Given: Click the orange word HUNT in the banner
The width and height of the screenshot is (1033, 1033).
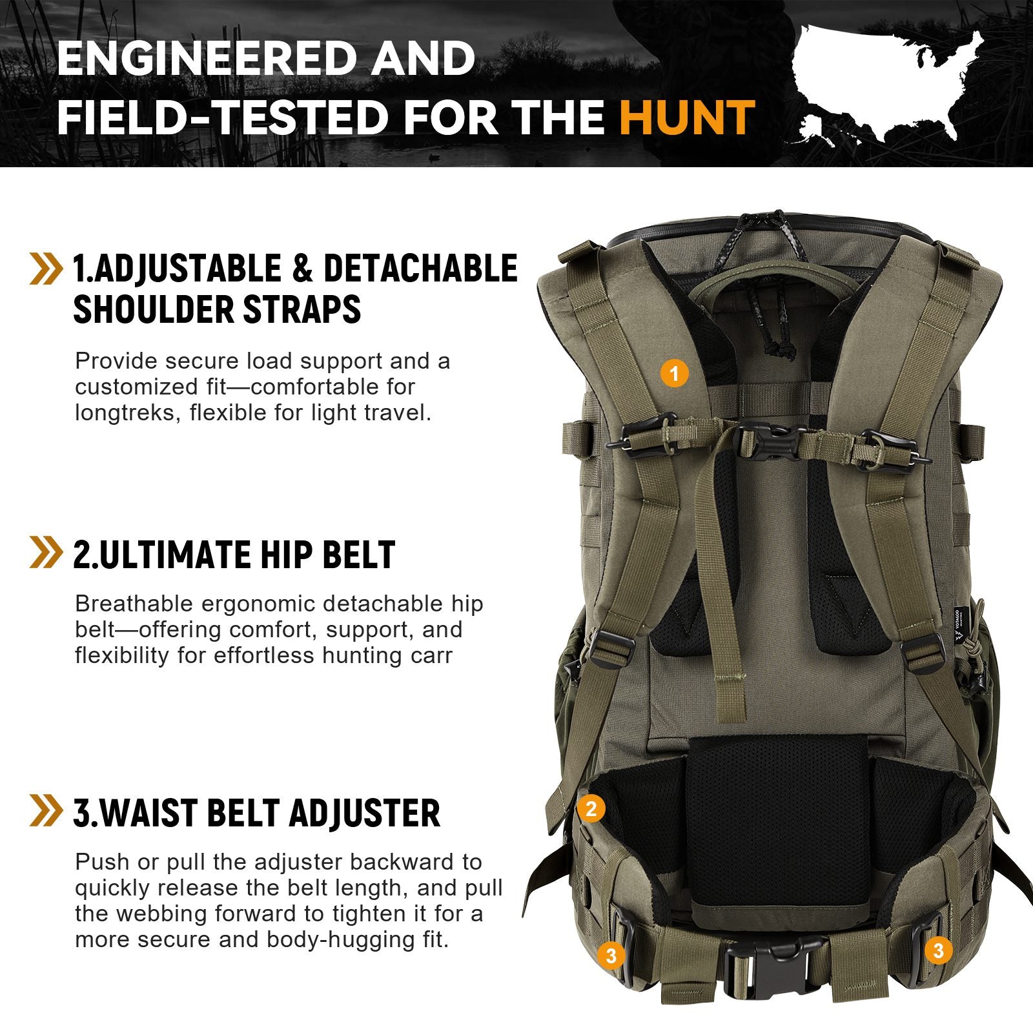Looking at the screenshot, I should (x=687, y=118).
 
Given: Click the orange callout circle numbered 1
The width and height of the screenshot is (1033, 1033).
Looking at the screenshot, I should (x=675, y=373).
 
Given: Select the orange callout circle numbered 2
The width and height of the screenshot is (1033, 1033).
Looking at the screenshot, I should (x=591, y=808).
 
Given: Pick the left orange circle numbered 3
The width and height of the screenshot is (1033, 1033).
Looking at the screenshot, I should (x=611, y=954).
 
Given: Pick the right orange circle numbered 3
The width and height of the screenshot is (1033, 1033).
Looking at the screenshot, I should (x=938, y=950).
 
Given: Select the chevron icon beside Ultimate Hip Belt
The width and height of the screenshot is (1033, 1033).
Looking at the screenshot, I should (x=46, y=553).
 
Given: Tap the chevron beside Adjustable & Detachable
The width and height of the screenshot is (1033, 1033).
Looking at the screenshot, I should (x=46, y=269).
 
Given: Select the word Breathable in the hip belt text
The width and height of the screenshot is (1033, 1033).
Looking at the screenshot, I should (x=134, y=604).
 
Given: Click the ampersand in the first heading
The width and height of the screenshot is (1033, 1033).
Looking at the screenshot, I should (x=302, y=269).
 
